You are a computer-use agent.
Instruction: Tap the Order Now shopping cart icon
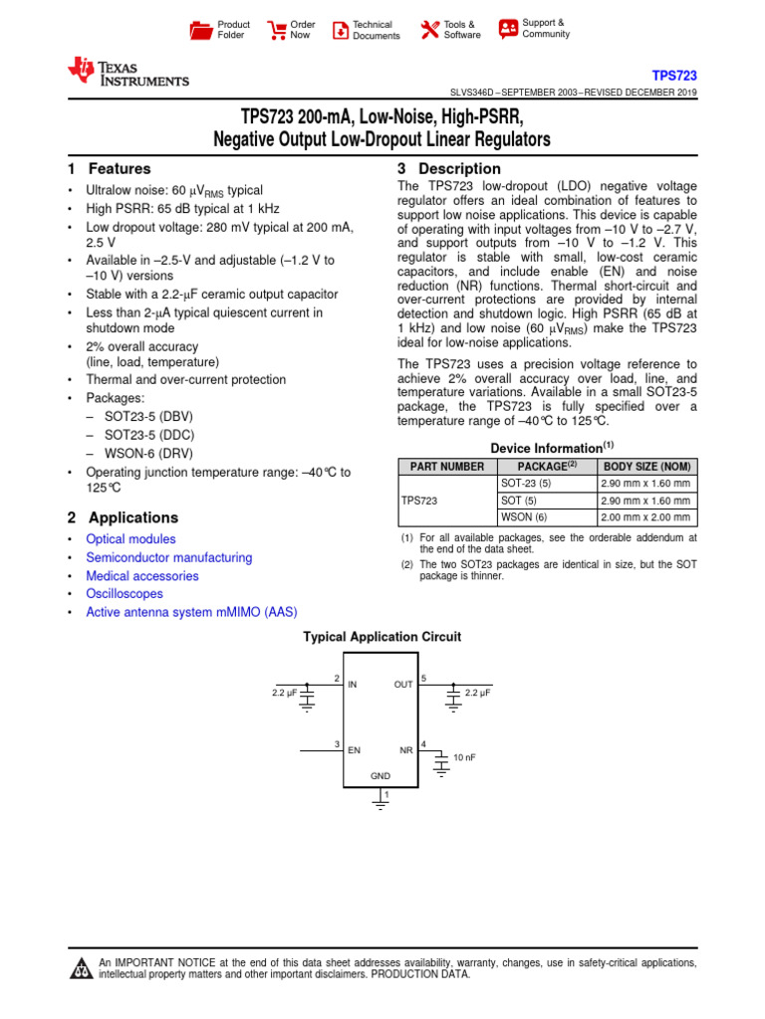(276, 30)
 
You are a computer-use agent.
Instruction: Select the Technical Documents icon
(340, 30)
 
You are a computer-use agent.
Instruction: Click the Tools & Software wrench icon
(430, 30)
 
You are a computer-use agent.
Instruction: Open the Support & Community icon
(508, 28)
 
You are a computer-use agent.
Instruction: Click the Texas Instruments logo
(127, 71)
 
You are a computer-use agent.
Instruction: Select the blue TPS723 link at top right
(674, 76)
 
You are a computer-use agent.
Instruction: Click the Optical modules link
(130, 539)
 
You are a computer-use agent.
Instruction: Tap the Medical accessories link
(141, 576)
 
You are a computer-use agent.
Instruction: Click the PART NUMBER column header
(442, 466)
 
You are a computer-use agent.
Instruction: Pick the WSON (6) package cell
(523, 517)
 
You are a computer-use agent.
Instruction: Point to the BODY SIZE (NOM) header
(646, 466)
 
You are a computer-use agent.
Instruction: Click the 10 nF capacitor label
(465, 757)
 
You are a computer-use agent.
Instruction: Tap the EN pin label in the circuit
(354, 749)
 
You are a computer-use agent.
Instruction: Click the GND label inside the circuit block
(381, 775)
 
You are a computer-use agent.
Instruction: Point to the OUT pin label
(403, 685)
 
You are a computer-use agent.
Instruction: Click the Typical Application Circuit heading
(382, 636)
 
